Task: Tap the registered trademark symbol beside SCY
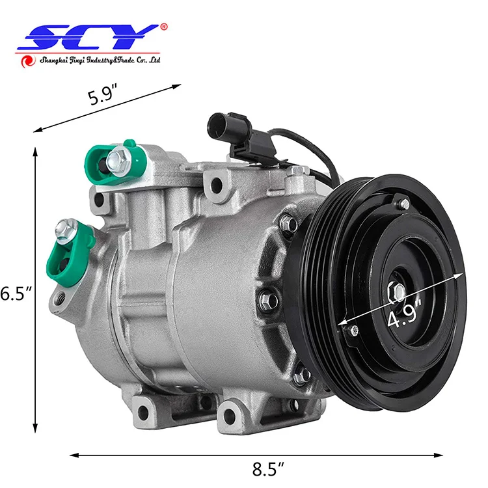(x=163, y=27)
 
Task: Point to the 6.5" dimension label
(x=14, y=293)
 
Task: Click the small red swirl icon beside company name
(x=27, y=61)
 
